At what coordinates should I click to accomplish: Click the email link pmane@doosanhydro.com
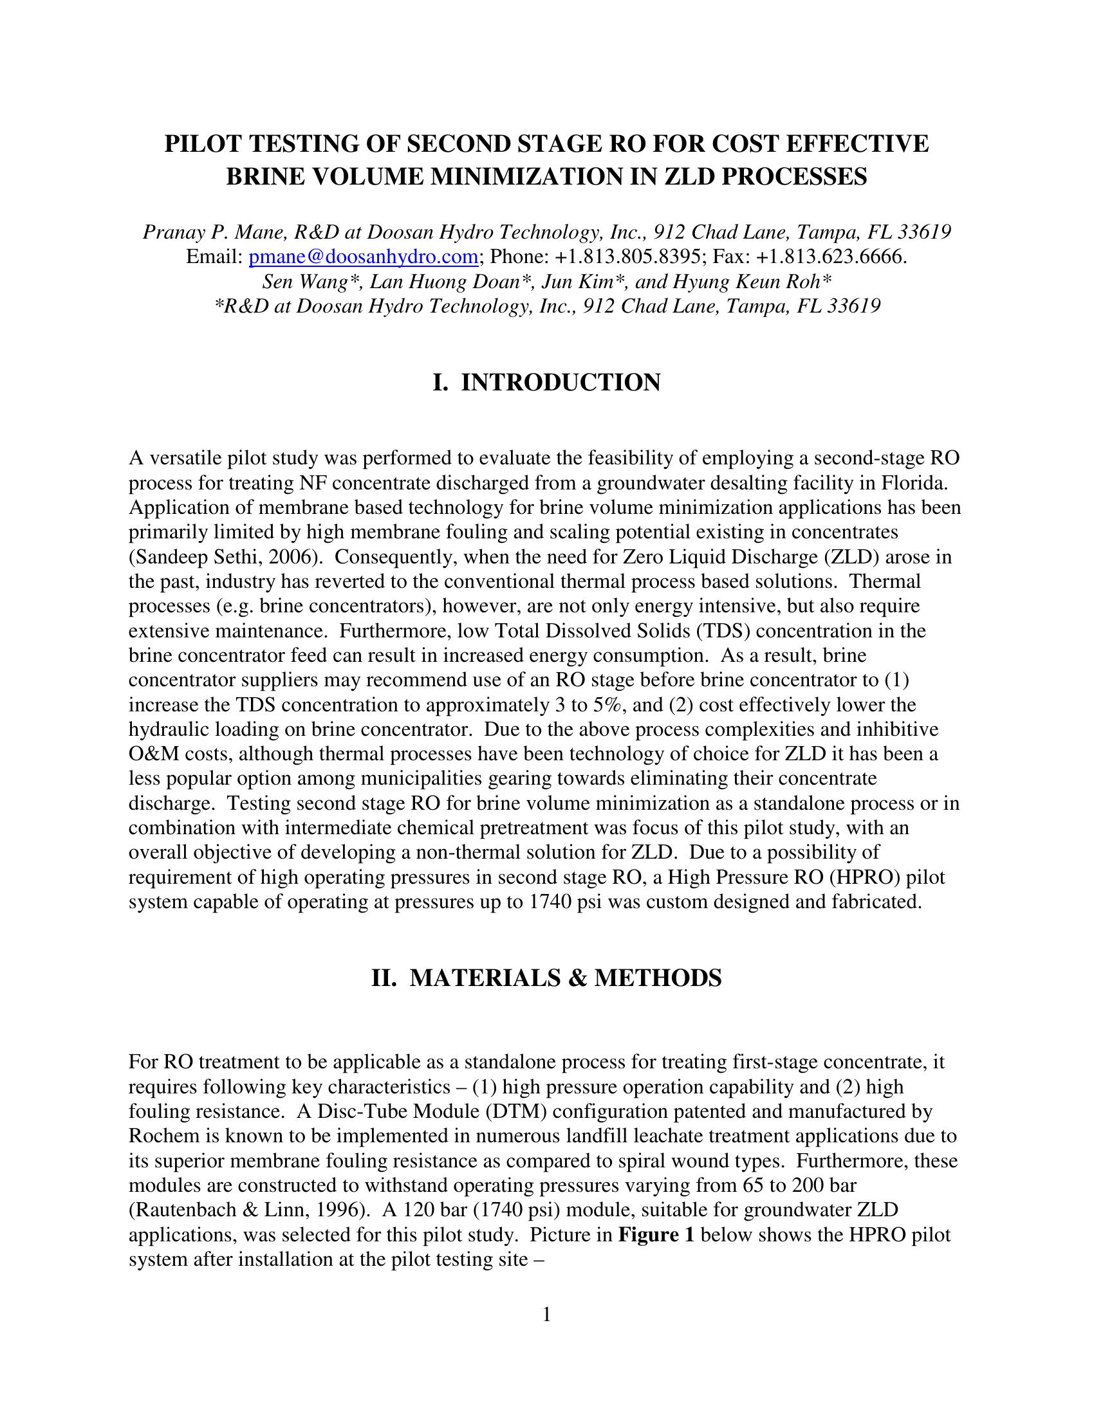click(x=364, y=257)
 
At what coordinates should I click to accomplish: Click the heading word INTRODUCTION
click(x=561, y=382)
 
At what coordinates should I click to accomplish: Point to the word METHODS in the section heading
click(x=657, y=978)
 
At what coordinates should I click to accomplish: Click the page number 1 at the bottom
click(x=546, y=1315)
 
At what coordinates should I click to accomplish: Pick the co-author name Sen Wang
click(x=299, y=282)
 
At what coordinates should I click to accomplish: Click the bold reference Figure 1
click(x=656, y=1234)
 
